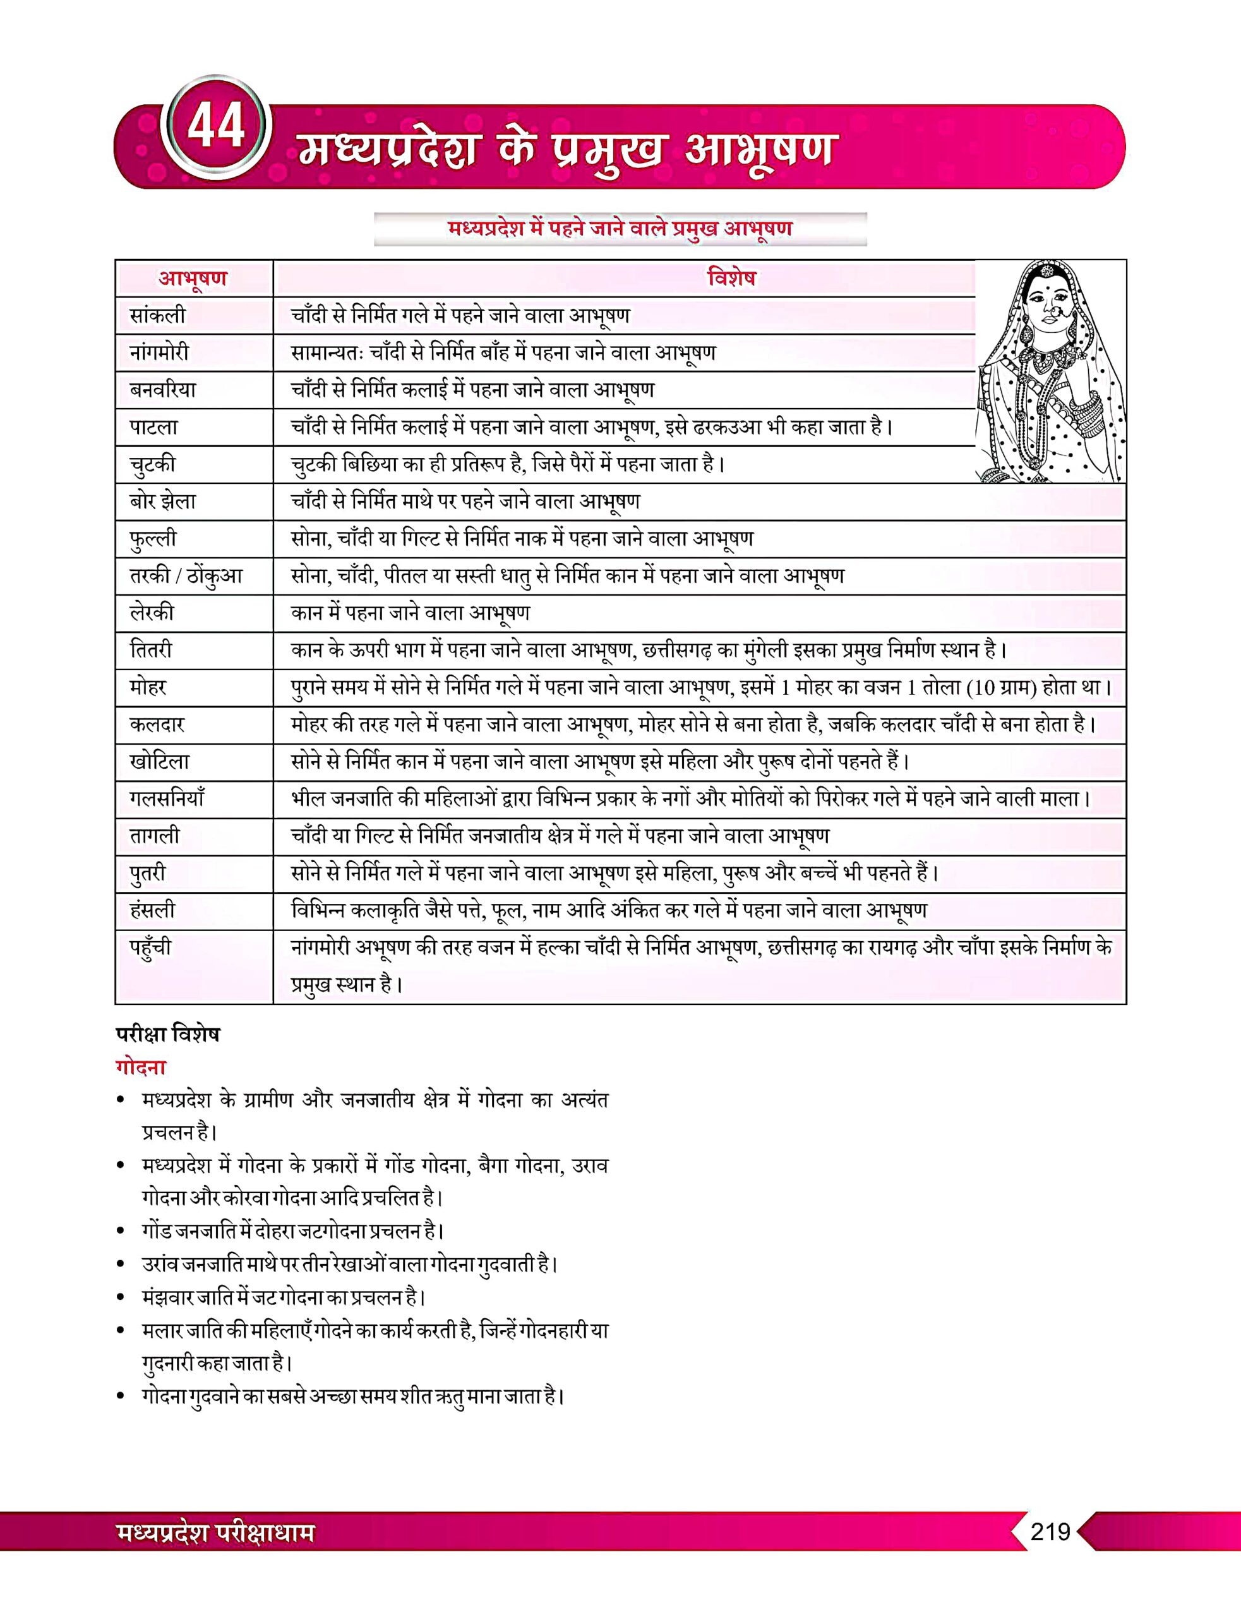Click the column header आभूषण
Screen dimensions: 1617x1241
pyautogui.click(x=193, y=279)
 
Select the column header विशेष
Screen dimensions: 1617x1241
pyautogui.click(x=731, y=279)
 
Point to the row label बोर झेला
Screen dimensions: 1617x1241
pyautogui.click(x=162, y=502)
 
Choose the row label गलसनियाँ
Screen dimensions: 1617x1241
pyautogui.click(x=166, y=798)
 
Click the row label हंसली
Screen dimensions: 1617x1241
pyautogui.click(x=152, y=910)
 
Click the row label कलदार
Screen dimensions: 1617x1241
pyautogui.click(x=157, y=724)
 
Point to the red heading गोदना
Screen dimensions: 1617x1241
pyautogui.click(x=140, y=1068)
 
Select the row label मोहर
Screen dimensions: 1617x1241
pyautogui.click(x=148, y=688)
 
